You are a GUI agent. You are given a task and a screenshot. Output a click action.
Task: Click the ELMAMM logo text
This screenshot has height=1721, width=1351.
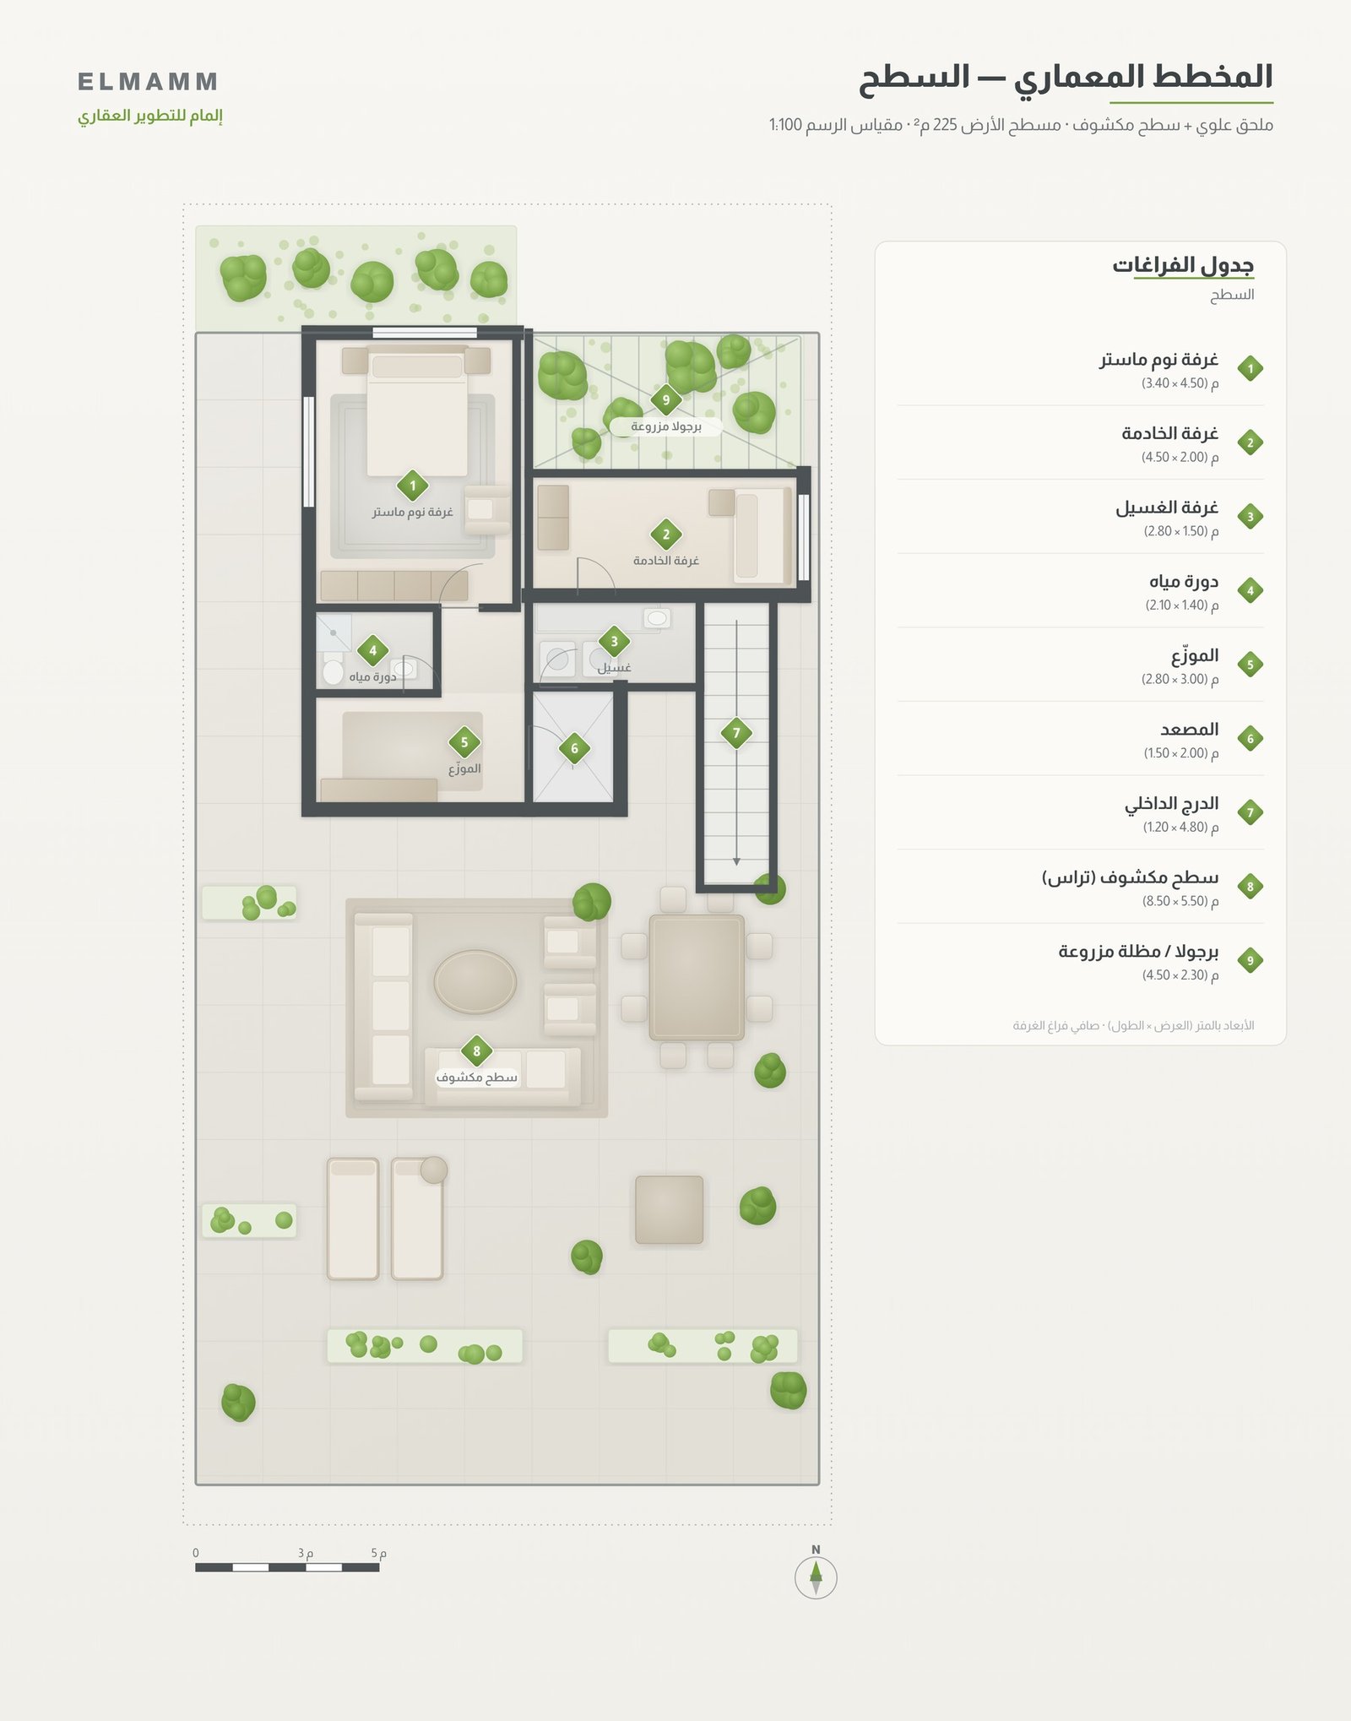tap(148, 82)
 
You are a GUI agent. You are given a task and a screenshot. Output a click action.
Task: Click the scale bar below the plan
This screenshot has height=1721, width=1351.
tap(287, 1567)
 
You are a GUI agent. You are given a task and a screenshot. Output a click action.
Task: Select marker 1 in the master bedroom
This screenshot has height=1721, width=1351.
tap(412, 486)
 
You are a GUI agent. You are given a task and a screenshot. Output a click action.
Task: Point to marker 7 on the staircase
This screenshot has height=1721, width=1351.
tap(736, 733)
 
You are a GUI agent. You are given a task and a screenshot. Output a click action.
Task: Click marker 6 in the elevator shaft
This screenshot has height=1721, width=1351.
tap(574, 748)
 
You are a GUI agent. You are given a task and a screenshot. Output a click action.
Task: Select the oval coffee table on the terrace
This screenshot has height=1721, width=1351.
tap(475, 981)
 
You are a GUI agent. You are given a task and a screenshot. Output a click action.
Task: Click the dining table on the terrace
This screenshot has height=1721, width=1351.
tap(697, 978)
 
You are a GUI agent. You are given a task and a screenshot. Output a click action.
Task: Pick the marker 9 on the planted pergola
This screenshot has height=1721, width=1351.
tap(665, 400)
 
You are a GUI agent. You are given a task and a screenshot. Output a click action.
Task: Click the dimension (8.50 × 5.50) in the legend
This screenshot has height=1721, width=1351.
tap(1180, 901)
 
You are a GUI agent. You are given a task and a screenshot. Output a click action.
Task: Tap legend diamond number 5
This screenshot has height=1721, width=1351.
tap(1250, 665)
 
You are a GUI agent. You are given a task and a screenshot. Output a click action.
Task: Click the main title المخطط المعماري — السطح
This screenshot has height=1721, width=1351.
tap(1066, 78)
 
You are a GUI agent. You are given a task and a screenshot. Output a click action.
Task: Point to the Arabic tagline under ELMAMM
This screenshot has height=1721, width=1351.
tap(150, 116)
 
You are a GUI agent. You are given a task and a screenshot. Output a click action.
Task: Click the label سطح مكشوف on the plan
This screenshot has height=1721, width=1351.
tap(476, 1078)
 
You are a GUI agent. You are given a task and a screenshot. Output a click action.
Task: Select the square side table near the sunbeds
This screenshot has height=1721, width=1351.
tap(669, 1210)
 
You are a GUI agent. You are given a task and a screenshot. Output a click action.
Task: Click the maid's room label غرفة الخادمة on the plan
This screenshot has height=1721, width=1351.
tap(666, 561)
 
